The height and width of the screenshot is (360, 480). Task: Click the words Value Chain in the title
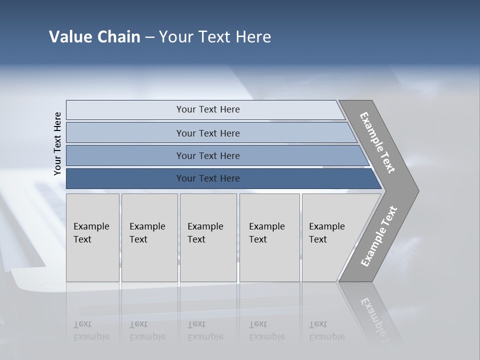click(x=94, y=37)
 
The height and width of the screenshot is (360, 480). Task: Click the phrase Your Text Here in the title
click(x=215, y=37)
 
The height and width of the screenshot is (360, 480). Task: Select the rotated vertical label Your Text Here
click(x=57, y=143)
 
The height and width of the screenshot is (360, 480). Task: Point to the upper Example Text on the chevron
click(x=377, y=142)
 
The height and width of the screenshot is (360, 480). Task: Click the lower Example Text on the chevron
click(x=378, y=236)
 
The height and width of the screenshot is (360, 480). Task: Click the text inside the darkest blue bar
click(x=208, y=178)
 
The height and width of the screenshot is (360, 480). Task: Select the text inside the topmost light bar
click(x=208, y=109)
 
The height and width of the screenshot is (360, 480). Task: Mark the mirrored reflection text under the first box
click(x=91, y=330)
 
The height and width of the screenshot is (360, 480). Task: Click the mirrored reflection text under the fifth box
click(x=326, y=330)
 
